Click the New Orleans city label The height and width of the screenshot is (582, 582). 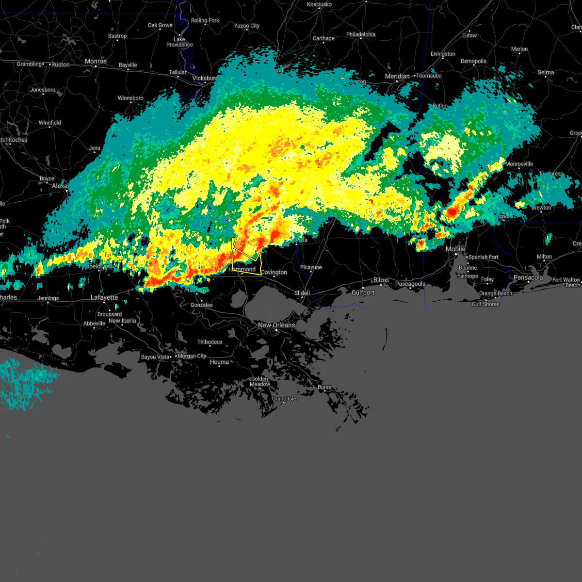pos(276,325)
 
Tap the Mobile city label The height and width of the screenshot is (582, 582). pos(455,249)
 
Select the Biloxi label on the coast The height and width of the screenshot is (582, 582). pos(381,280)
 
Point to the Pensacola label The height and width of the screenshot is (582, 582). pos(528,278)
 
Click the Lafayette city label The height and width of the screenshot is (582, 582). pos(104,297)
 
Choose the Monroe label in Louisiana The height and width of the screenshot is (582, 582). pos(95,61)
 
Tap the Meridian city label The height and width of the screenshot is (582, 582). pos(397,76)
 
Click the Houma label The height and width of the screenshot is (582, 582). pos(219,362)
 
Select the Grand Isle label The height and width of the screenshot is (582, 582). pos(284,399)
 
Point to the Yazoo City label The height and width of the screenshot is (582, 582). pos(247,26)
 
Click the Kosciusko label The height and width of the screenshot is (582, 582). pos(319,4)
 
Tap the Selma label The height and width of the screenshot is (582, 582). pos(546,72)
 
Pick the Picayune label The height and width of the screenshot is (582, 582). pos(311,267)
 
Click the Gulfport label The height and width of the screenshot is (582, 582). pos(363,292)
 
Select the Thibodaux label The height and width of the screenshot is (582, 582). pos(210,342)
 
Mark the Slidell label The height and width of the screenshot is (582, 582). pos(302,293)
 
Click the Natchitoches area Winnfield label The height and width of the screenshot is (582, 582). pos(50,123)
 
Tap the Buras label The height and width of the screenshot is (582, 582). pos(324,387)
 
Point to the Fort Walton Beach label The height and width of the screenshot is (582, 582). pos(566,282)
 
